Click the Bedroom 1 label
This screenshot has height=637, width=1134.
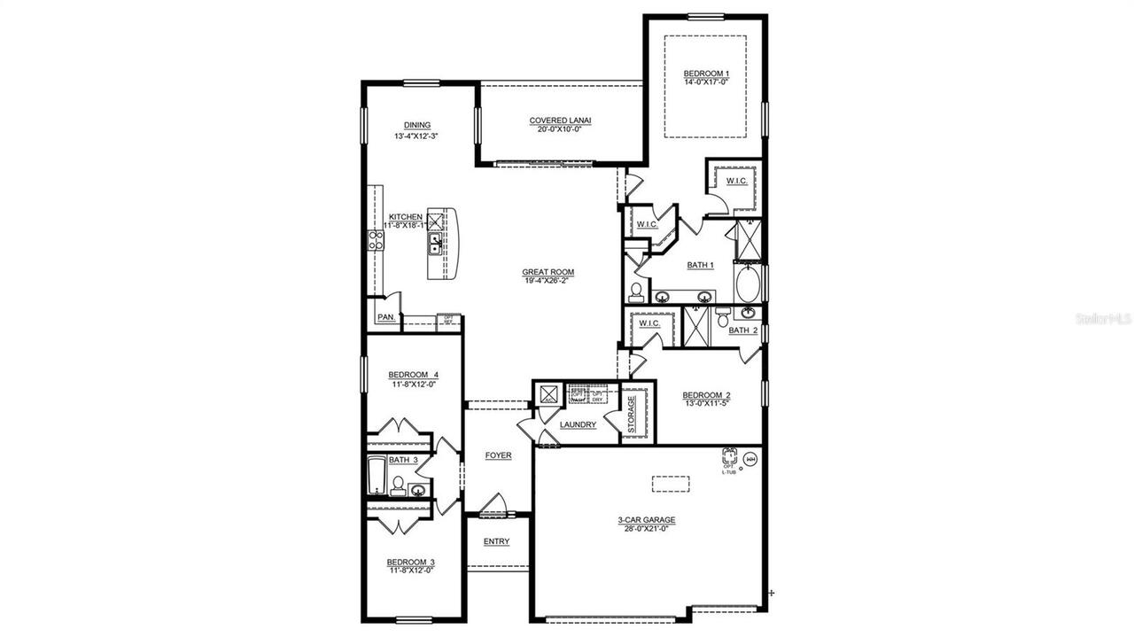(x=706, y=73)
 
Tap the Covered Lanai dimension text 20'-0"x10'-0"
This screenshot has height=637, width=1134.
(x=560, y=129)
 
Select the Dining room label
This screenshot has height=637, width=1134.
(x=416, y=125)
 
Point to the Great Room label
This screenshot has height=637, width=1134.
(x=548, y=272)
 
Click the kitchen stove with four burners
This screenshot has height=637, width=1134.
(x=375, y=239)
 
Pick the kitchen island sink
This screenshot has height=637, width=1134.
(x=436, y=244)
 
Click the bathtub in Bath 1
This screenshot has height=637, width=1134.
(x=748, y=284)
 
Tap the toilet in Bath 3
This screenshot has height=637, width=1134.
(x=398, y=485)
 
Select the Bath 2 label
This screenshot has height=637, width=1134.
(x=742, y=330)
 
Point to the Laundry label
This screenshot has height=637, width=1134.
(x=578, y=425)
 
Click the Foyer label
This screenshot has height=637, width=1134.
(x=498, y=455)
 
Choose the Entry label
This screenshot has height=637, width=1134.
(x=496, y=541)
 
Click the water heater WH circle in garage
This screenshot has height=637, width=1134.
(x=750, y=458)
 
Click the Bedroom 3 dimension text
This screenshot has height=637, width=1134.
(x=410, y=571)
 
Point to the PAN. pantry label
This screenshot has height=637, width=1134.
(x=385, y=316)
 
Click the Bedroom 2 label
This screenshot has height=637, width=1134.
(x=705, y=395)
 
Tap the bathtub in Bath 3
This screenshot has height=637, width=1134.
(x=376, y=477)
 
